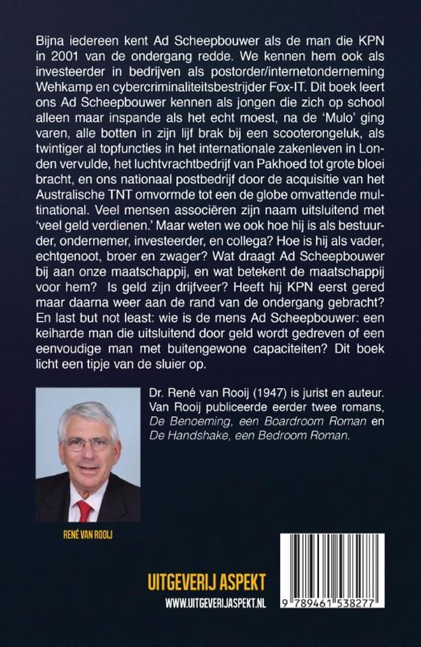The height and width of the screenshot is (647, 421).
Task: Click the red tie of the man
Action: click(x=84, y=509)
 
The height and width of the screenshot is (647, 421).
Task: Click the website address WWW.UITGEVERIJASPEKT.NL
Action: click(x=215, y=604)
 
